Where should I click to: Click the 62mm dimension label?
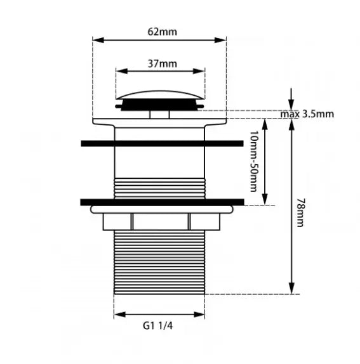[x=162, y=32]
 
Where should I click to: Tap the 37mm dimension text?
[x=162, y=63]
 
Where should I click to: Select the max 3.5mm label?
[x=307, y=114]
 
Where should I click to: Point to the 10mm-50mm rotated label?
[x=254, y=161]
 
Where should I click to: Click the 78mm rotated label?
[x=300, y=212]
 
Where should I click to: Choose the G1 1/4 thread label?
[x=158, y=326]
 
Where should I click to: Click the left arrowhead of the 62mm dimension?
[x=98, y=40]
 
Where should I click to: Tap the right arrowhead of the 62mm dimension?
[x=220, y=40]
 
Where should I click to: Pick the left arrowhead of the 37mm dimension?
[x=121, y=71]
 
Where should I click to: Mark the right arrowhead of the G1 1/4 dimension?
[x=199, y=315]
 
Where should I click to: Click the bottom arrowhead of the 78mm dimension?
[x=291, y=289]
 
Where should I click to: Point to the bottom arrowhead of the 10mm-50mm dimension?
[x=265, y=199]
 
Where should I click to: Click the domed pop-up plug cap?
[x=161, y=95]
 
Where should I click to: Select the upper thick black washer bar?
[x=162, y=143]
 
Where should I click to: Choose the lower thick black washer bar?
[x=162, y=202]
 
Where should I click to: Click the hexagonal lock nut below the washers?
[x=161, y=222]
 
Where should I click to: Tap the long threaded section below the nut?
[x=159, y=263]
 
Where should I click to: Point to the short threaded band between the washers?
[x=160, y=188]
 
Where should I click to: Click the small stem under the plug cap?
[x=159, y=114]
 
